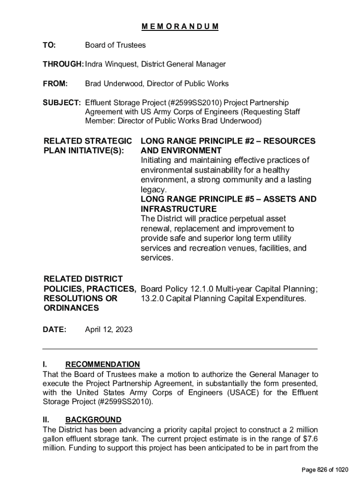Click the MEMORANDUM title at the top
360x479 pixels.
[180, 26]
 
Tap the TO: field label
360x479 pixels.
[49, 45]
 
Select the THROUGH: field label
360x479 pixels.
[63, 64]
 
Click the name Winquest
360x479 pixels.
[122, 64]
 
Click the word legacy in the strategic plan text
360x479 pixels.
[153, 189]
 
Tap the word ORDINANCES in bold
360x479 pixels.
[71, 308]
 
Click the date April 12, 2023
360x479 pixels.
[108, 330]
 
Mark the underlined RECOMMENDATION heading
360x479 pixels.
[102, 364]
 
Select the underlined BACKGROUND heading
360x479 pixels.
[93, 420]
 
